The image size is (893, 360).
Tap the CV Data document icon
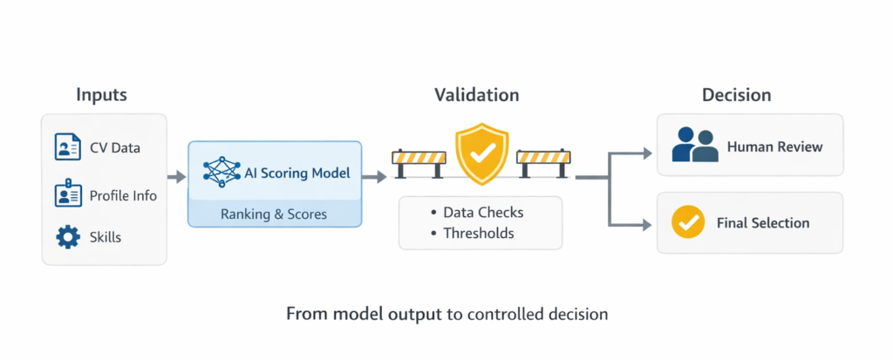[68, 147]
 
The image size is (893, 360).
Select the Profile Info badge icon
[68, 195]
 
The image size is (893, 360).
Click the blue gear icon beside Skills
[68, 237]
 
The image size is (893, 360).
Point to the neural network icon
[221, 173]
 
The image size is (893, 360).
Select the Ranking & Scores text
[274, 214]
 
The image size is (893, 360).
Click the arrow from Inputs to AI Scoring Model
[177, 177]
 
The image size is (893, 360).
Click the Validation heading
[477, 95]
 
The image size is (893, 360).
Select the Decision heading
[737, 95]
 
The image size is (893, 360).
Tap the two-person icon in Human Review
[694, 146]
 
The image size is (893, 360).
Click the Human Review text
[774, 146]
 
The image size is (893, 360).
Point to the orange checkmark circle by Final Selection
[688, 222]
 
